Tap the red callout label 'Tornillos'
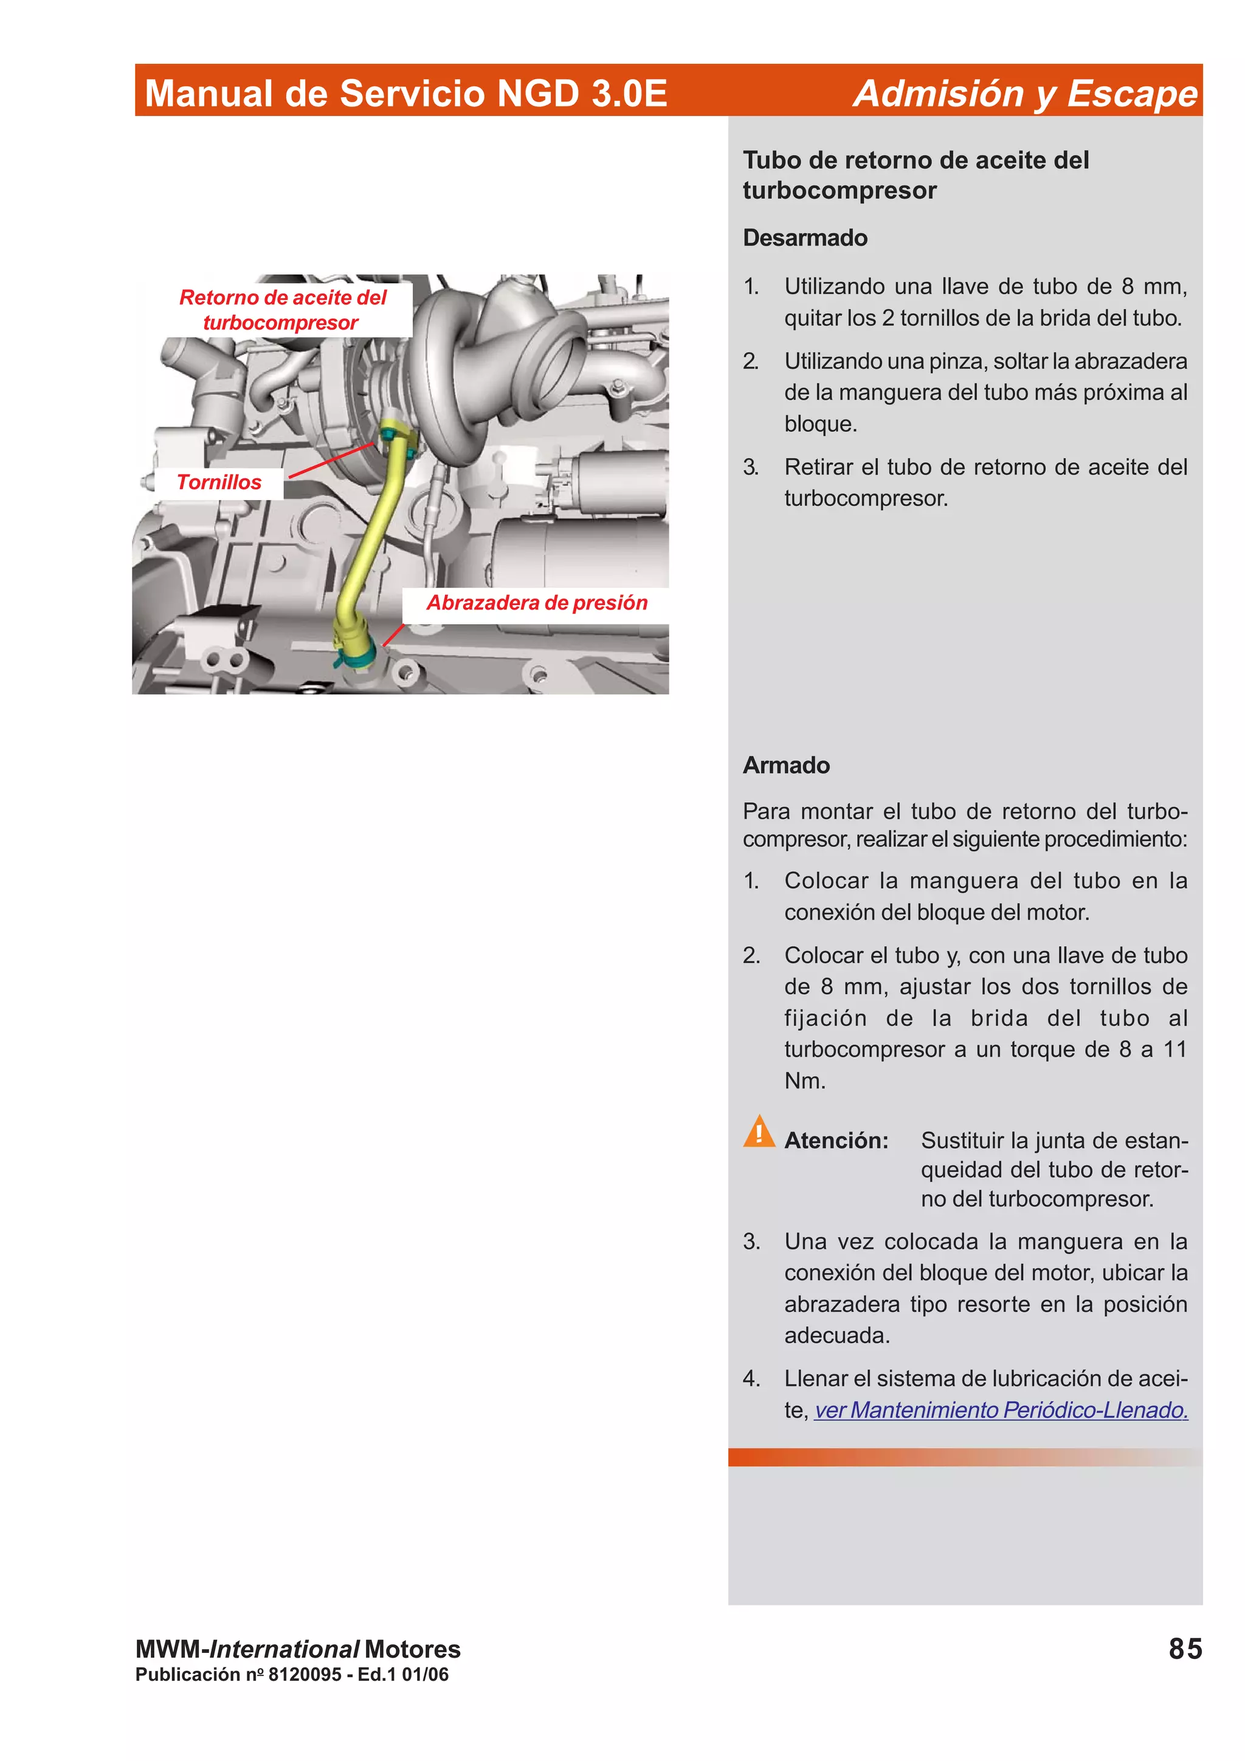(219, 482)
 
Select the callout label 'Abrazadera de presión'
(536, 603)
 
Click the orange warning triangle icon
(759, 1132)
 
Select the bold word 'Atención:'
(835, 1141)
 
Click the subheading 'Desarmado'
(805, 238)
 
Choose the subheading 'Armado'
(785, 766)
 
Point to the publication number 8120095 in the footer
(305, 1674)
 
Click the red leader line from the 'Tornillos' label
(330, 460)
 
